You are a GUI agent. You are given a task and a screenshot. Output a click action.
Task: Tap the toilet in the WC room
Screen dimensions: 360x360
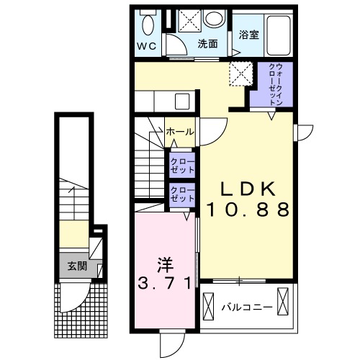coord(148,24)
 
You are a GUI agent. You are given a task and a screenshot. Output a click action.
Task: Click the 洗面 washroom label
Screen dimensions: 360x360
coord(208,43)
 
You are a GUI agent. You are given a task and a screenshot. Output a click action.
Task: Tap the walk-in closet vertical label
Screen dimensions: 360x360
coord(275,84)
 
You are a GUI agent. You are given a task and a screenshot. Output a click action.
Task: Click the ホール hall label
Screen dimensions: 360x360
coord(179,132)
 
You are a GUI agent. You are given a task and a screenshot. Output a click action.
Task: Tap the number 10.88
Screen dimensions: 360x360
coord(248,210)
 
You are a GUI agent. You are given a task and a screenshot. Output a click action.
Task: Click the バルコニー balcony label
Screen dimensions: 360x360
coord(246,307)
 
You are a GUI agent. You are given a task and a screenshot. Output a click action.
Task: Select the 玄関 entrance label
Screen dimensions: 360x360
coord(77,264)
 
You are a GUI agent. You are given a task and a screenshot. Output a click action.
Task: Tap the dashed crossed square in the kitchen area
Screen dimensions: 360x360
coord(238,73)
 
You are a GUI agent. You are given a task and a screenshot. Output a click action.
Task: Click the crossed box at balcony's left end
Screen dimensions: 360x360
coord(211,307)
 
